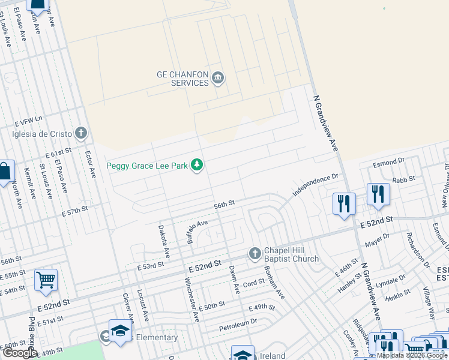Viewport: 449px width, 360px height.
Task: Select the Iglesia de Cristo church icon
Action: (x=81, y=133)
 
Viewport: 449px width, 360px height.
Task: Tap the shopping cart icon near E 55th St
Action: (x=46, y=280)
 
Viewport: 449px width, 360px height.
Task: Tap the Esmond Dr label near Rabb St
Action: (x=389, y=163)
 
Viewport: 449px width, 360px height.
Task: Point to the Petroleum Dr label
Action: (x=238, y=322)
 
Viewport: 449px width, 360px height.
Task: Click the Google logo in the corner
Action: (x=19, y=353)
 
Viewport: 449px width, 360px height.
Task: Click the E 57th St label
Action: (x=74, y=211)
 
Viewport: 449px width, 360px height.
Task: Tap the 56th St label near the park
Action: (x=224, y=205)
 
